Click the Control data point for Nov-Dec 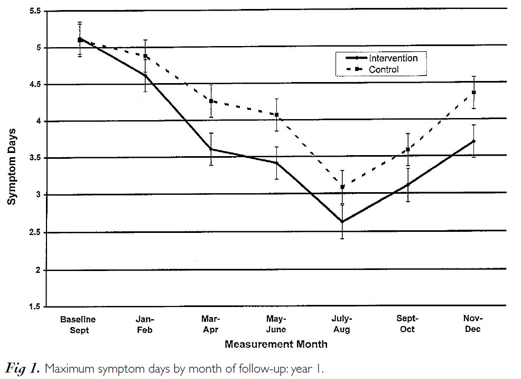click(474, 93)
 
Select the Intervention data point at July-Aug click(342, 222)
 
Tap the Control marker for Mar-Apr click(211, 101)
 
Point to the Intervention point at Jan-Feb click(145, 76)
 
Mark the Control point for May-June click(276, 115)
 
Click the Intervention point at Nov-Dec click(474, 141)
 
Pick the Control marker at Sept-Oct click(407, 150)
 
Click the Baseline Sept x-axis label click(78, 324)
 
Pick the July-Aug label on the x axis click(341, 324)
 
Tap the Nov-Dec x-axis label click(473, 323)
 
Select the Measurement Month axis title click(276, 345)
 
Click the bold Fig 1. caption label click(23, 368)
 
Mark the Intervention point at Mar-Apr click(211, 149)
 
